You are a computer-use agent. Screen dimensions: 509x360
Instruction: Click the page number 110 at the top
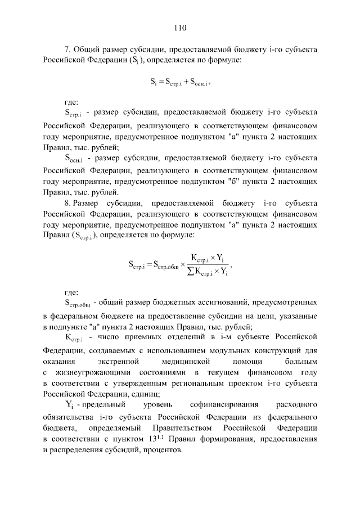pyautogui.click(x=180, y=27)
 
